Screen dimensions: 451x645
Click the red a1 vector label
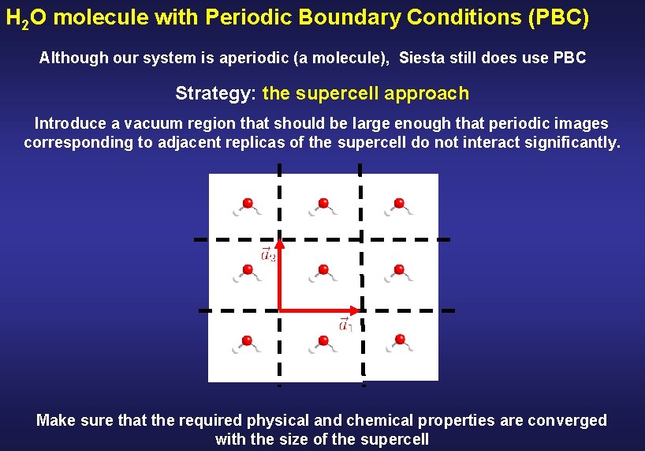pyautogui.click(x=345, y=324)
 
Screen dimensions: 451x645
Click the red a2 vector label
pyautogui.click(x=268, y=254)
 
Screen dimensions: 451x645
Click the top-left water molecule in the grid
pyautogui.click(x=247, y=207)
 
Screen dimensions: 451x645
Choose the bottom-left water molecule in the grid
pyautogui.click(x=247, y=344)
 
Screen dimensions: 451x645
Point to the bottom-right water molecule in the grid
pyautogui.click(x=400, y=343)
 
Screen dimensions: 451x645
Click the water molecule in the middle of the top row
pyautogui.click(x=322, y=207)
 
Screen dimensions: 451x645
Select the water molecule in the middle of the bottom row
pyautogui.click(x=322, y=344)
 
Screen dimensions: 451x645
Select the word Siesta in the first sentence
pyautogui.click(x=423, y=58)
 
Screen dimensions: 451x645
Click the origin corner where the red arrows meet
pyautogui.click(x=280, y=310)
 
